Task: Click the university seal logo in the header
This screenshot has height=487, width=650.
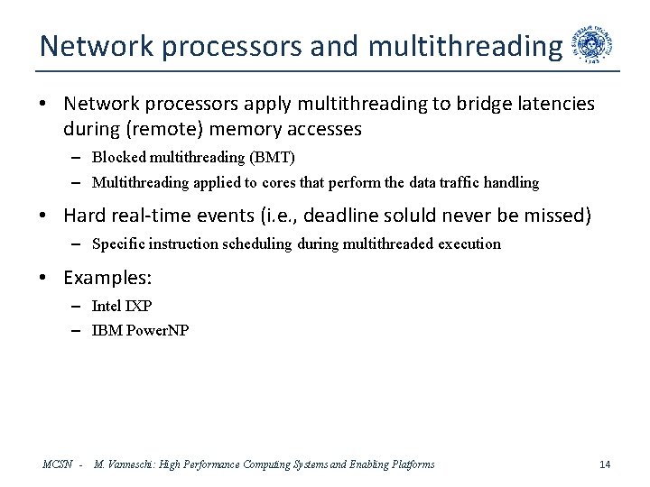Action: [597, 42]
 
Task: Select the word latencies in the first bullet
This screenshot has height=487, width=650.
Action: [547, 105]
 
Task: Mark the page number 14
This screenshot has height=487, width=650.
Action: [605, 464]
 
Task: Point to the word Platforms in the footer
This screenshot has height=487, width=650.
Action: [409, 464]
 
